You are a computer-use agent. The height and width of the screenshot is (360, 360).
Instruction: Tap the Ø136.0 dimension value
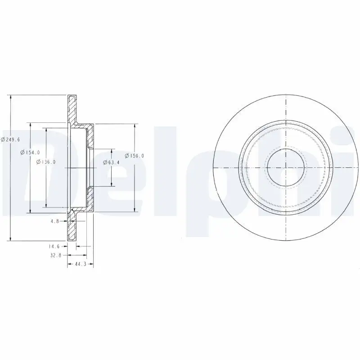pos(46,162)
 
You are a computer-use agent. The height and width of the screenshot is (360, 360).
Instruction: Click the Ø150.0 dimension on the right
pos(135,156)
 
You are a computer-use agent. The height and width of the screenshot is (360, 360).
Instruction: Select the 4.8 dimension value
pos(55,221)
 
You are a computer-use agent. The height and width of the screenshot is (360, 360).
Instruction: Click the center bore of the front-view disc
pos(286,167)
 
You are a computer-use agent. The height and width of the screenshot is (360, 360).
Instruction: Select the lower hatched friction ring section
pos(72,227)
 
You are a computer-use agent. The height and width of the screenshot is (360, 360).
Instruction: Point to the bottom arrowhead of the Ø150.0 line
pos(135,210)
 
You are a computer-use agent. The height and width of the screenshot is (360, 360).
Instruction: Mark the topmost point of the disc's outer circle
pos(286,95)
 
